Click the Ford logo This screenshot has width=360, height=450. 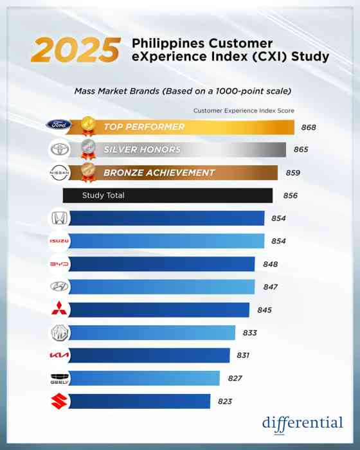tap(59, 127)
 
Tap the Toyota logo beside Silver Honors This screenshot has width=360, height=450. tap(59, 150)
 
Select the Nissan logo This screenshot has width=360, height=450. tap(59, 173)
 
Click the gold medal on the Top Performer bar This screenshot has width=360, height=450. tap(88, 126)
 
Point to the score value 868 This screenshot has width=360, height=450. tap(309, 127)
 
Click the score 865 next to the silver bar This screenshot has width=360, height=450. tap(301, 150)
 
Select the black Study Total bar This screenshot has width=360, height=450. tap(167, 195)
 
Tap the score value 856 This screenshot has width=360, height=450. tap(285, 195)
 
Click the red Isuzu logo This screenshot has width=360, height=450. tap(59, 241)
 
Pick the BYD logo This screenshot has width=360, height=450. tap(59, 264)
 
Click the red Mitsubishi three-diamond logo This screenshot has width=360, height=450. tap(59, 310)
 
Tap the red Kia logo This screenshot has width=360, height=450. tap(59, 355)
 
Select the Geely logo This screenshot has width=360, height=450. tap(59, 379)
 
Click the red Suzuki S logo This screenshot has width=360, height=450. tap(59, 401)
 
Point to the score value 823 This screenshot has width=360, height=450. tap(224, 401)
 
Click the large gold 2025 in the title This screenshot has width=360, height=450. tap(75, 50)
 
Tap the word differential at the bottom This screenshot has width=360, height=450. tap(302, 423)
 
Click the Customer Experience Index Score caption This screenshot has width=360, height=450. tap(244, 111)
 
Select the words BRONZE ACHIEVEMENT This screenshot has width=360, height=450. tap(159, 172)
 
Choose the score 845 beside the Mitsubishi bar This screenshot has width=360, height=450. tap(264, 310)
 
